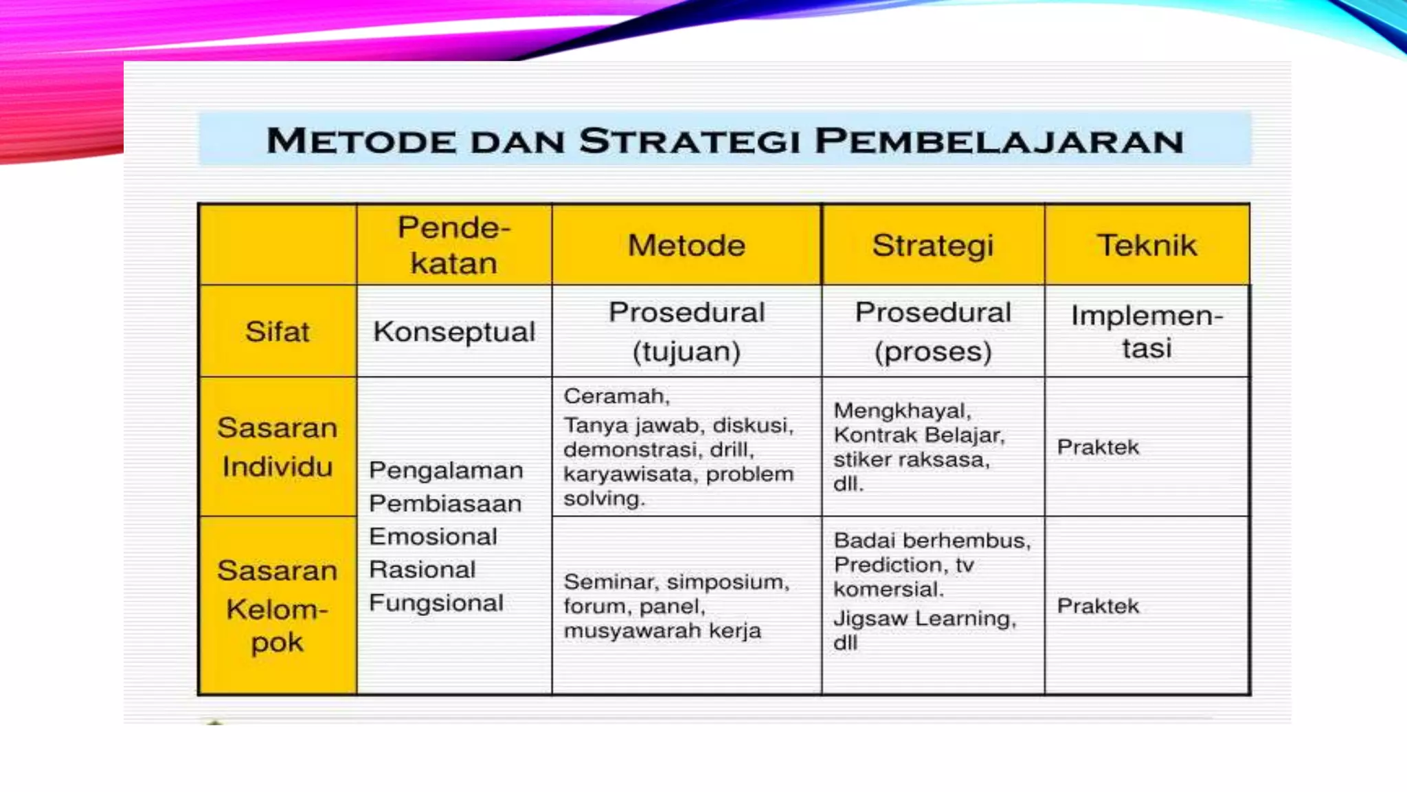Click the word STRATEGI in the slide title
(x=690, y=141)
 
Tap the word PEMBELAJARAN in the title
(x=999, y=141)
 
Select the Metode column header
(x=686, y=245)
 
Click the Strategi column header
(x=933, y=245)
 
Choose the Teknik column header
(x=1147, y=245)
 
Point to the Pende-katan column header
(x=454, y=245)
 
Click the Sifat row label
(x=277, y=331)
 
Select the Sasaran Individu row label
(x=277, y=447)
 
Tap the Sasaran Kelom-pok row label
(x=277, y=606)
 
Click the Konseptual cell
(x=454, y=331)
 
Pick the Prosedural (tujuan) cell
(x=686, y=331)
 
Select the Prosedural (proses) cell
(x=933, y=331)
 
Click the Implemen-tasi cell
(x=1147, y=331)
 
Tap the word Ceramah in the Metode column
(x=616, y=396)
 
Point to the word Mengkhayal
(x=901, y=410)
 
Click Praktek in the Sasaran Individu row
(x=1097, y=447)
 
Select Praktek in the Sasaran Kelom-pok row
(x=1097, y=606)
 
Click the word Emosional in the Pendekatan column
(x=433, y=536)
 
